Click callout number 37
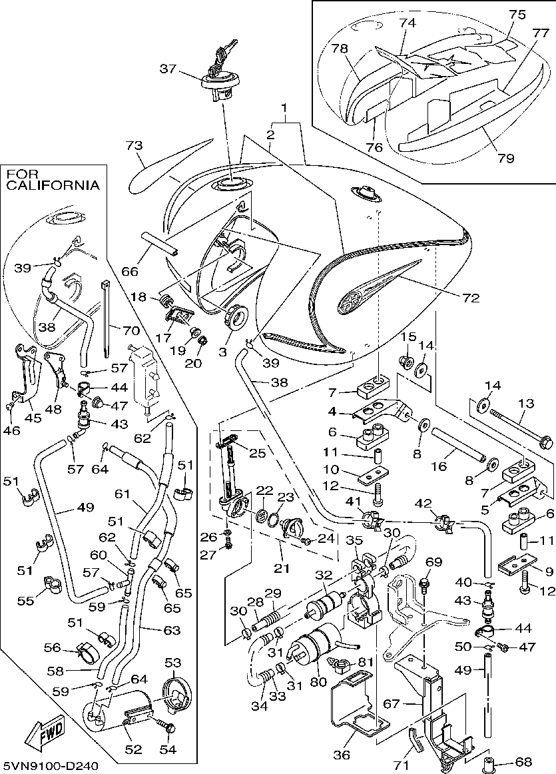168,68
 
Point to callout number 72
471,298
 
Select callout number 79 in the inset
505,158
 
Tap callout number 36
342,755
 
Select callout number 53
173,663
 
